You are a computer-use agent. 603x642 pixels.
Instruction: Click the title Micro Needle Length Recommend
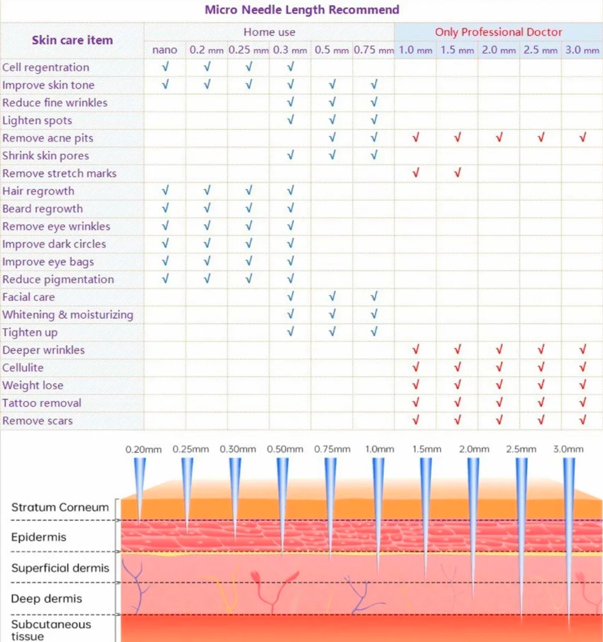302,10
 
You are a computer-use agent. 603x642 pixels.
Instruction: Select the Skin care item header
72,40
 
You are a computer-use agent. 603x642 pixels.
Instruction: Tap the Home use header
269,32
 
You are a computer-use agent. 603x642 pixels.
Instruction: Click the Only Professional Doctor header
498,32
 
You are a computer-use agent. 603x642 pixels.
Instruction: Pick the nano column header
164,50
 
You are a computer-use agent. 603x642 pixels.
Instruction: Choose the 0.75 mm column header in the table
373,50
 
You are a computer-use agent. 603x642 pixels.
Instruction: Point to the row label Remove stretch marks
59,173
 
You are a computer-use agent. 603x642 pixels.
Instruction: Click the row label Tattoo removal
42,403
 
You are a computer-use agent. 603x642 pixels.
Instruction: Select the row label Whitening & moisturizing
68,314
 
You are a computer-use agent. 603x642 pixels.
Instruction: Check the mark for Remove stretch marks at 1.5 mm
457,172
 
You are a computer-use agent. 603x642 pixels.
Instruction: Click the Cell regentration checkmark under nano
165,66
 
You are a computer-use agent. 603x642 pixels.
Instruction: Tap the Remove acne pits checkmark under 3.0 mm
582,137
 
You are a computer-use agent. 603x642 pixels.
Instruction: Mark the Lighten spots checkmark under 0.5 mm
332,120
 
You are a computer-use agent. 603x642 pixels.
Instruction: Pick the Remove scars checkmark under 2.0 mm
499,419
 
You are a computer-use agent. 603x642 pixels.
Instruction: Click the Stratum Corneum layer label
60,507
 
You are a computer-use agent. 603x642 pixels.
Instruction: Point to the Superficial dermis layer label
60,568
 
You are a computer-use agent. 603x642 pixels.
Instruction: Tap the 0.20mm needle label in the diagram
143,449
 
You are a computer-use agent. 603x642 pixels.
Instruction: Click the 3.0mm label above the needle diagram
568,449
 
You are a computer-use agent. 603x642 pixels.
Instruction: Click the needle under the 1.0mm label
378,512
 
